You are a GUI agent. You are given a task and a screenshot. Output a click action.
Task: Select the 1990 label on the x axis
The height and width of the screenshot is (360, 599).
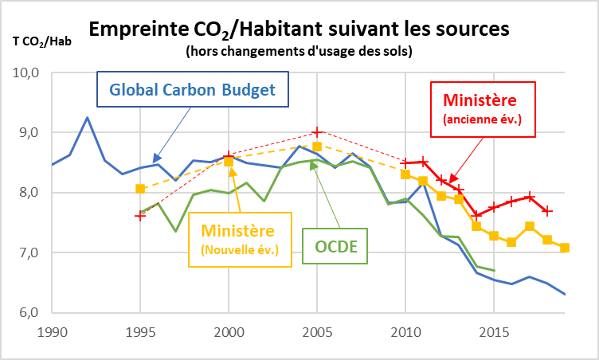coord(51,330)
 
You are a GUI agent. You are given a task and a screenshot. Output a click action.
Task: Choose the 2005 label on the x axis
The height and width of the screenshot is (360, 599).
coord(317,330)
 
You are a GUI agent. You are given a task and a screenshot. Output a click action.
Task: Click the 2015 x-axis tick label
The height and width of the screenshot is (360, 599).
coord(495,330)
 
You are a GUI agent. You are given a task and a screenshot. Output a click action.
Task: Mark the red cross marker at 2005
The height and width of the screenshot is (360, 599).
coord(317,132)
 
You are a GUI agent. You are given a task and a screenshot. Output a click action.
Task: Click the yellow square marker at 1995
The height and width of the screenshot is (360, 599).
coord(140,189)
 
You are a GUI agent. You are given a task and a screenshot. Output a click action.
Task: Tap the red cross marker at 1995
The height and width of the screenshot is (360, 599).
coord(140,216)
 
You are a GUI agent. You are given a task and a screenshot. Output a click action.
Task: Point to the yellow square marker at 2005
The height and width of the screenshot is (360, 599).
coord(317,146)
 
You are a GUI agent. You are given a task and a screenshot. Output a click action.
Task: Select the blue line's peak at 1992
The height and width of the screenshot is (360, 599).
coord(87,118)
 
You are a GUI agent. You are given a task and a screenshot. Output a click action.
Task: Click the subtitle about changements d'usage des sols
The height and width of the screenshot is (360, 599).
coord(299,52)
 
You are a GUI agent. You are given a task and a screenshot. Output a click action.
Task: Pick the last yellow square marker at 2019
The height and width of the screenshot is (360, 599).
coord(565,248)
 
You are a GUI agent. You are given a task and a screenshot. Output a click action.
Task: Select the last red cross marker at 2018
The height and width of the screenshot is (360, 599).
coord(547,210)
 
